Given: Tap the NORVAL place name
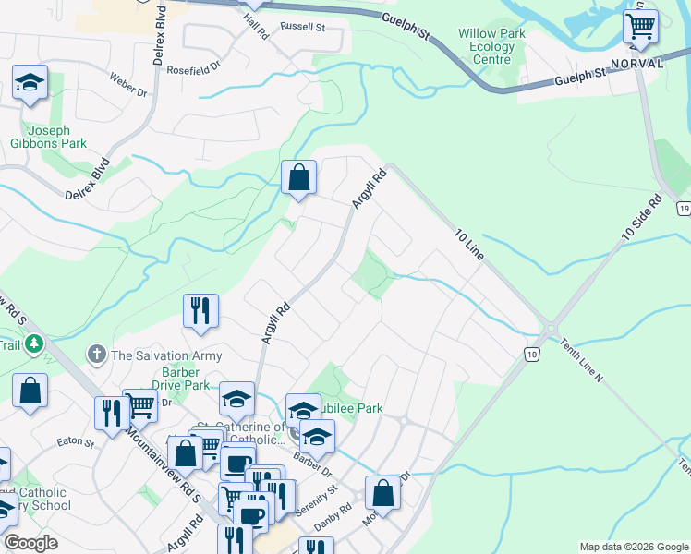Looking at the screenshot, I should pyautogui.click(x=637, y=64).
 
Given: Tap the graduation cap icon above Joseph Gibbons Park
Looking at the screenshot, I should pyautogui.click(x=30, y=84).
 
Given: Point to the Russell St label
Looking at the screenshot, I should pyautogui.click(x=303, y=28).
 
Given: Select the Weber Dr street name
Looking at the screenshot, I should pyautogui.click(x=128, y=86).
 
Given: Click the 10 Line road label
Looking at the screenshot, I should pyautogui.click(x=470, y=244).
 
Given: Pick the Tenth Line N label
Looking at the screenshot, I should pyautogui.click(x=580, y=358).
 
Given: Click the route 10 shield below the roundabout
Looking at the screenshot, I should pyautogui.click(x=532, y=355).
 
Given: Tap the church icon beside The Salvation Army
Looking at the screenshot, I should pyautogui.click(x=96, y=354).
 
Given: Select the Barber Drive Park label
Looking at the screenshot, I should pyautogui.click(x=184, y=379).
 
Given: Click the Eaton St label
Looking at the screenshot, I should pyautogui.click(x=77, y=443).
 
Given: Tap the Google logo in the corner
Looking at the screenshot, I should pyautogui.click(x=30, y=544).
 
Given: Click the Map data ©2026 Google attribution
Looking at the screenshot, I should pyautogui.click(x=632, y=547).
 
